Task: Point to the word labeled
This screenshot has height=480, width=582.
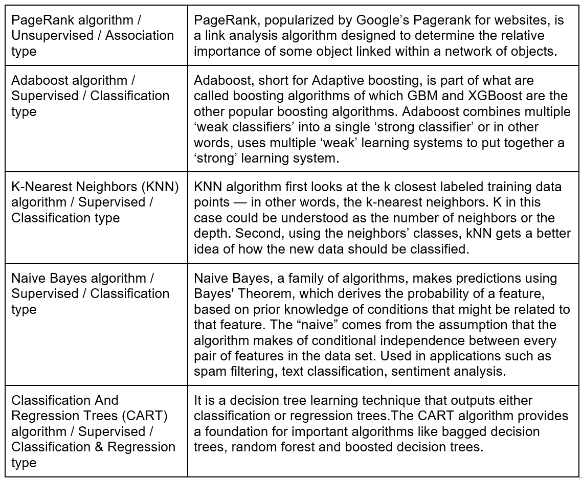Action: coord(408,187)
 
